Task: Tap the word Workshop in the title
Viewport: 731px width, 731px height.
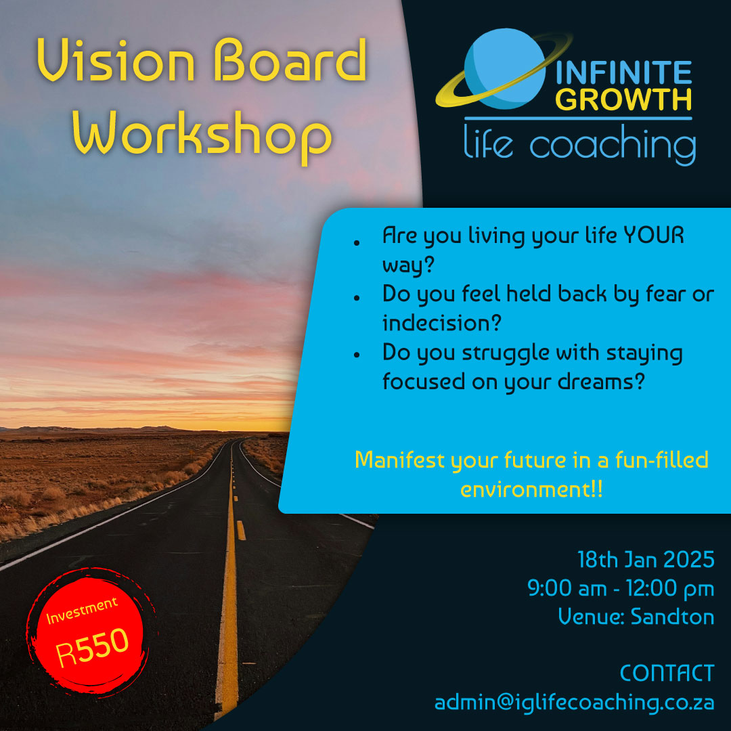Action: [x=202, y=137]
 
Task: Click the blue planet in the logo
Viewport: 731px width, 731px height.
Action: [x=505, y=68]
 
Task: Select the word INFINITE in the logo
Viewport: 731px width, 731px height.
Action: [x=623, y=72]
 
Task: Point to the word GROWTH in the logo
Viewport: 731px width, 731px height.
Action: [x=623, y=99]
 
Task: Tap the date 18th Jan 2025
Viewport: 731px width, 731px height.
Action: [x=646, y=560]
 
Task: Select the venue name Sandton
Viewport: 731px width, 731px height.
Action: [x=672, y=617]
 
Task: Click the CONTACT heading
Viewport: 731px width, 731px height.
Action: [x=667, y=673]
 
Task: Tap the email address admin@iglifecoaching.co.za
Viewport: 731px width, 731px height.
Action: [x=575, y=703]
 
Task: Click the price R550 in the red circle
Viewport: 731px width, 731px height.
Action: [x=92, y=647]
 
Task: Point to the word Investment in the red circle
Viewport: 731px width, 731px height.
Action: [x=82, y=611]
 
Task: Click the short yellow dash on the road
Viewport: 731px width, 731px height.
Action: [x=241, y=530]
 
